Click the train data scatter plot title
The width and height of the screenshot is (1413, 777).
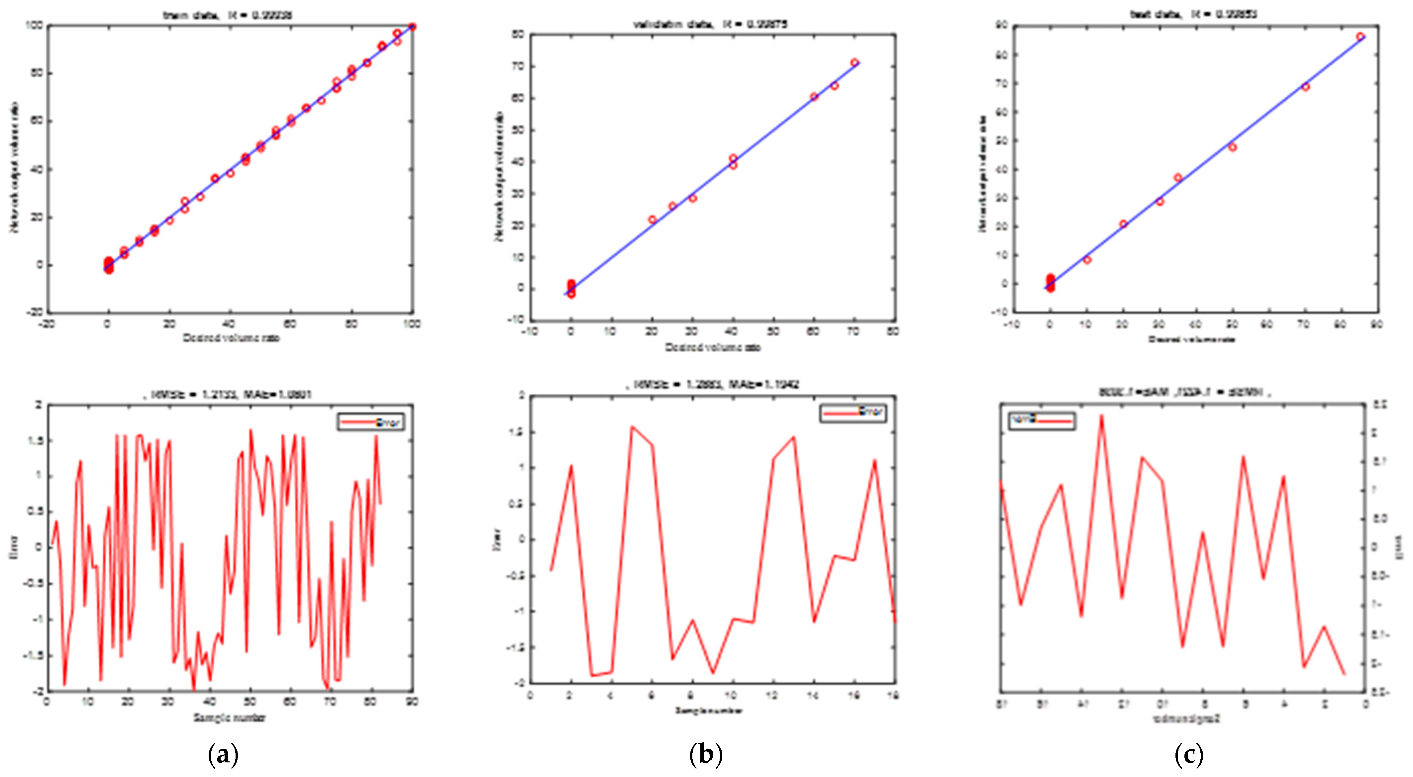point(228,15)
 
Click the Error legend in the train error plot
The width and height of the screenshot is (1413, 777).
point(371,422)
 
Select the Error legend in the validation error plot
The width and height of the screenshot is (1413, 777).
point(853,412)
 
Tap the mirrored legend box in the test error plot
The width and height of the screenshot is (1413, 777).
point(1042,421)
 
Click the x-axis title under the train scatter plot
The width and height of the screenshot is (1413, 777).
point(231,338)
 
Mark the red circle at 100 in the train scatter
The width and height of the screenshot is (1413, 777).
point(413,27)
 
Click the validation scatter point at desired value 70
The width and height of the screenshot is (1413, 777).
point(854,62)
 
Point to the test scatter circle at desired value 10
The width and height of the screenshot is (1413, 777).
point(1087,260)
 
